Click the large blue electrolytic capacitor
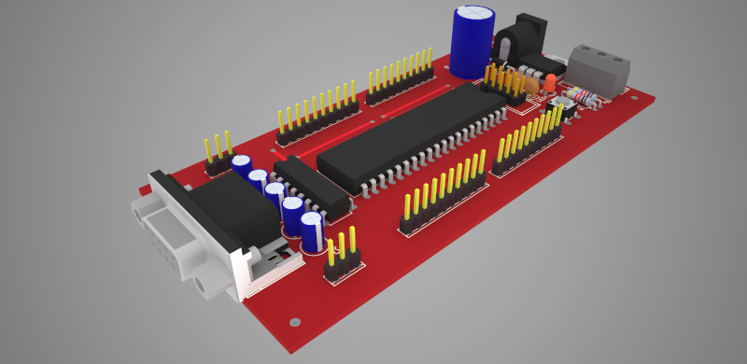[471, 42]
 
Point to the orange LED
[551, 83]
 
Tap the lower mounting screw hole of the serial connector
[204, 284]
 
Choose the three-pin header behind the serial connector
[218, 154]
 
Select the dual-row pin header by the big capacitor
[504, 84]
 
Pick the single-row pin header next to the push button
[528, 140]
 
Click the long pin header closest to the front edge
[444, 191]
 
